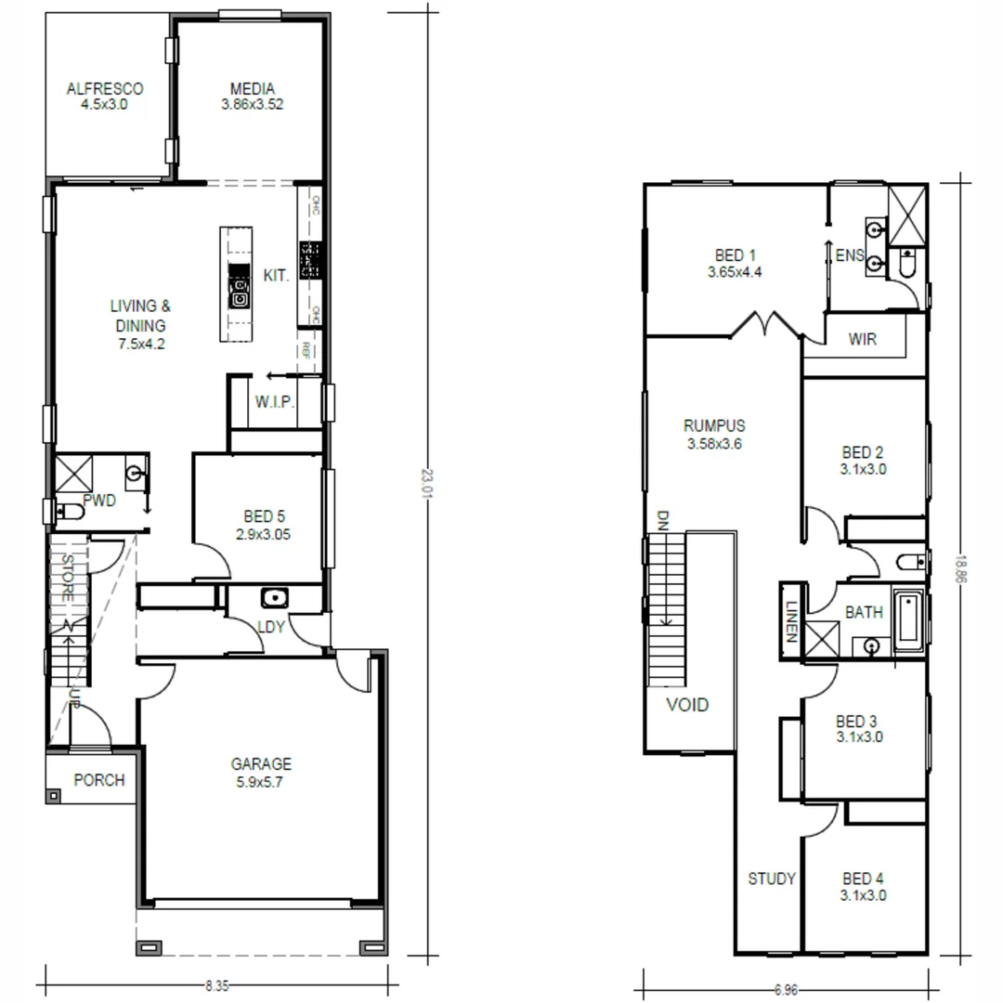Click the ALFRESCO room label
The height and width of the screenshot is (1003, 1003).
[x=105, y=89]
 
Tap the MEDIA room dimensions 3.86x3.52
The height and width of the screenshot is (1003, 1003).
[x=253, y=105]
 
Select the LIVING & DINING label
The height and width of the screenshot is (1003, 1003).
[x=140, y=316]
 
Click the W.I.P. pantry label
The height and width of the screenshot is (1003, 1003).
[x=275, y=402]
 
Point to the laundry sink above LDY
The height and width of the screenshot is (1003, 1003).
[x=275, y=597]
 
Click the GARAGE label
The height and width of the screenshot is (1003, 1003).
[x=261, y=764]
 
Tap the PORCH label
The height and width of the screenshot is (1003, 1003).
[x=98, y=780]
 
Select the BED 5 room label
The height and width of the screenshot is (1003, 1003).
[x=258, y=516]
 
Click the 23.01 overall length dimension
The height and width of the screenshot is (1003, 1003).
[x=426, y=483]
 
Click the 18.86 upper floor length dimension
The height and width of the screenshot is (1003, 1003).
[x=961, y=567]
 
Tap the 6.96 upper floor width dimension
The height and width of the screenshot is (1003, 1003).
[x=786, y=990]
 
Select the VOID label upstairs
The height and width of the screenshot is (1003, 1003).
[x=687, y=705]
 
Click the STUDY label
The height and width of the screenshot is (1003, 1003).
[x=772, y=879]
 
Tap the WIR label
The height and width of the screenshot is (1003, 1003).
[x=862, y=340]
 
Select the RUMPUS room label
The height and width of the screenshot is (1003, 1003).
[x=714, y=426]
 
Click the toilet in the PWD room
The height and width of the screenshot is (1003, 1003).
[x=68, y=511]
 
